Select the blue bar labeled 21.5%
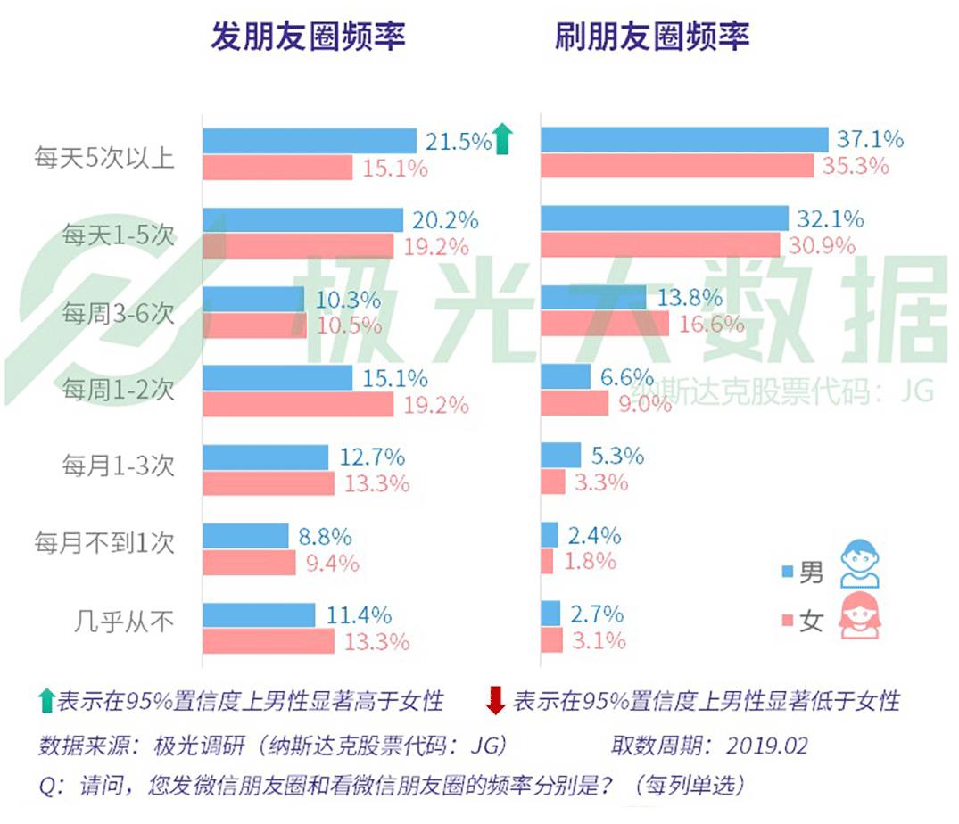[310, 141]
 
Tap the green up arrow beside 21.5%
[504, 140]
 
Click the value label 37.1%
[870, 140]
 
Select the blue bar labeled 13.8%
[593, 298]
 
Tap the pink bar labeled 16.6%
[605, 325]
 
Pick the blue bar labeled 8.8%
[246, 536]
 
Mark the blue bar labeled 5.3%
[561, 456]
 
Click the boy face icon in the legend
[859, 564]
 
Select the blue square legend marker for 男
[787, 572]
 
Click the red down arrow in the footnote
[495, 701]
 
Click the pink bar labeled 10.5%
[255, 325]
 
